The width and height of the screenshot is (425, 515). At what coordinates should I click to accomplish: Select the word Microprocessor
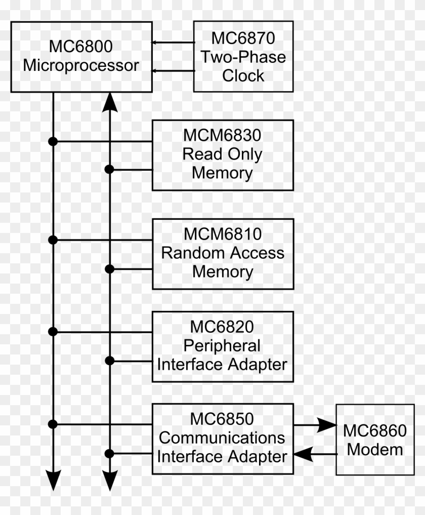tap(81, 66)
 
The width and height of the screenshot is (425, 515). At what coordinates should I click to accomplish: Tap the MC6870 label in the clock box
tap(243, 38)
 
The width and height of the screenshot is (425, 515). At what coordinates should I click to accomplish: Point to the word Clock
tap(243, 76)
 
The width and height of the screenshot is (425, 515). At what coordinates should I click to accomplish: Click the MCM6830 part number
tap(223, 136)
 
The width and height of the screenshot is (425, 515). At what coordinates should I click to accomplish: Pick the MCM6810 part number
tap(223, 234)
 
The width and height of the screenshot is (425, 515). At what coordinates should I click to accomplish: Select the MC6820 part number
tap(223, 327)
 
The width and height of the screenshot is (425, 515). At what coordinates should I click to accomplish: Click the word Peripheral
tap(223, 345)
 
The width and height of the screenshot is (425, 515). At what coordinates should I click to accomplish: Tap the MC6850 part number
tap(223, 419)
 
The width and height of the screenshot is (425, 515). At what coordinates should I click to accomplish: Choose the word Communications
tap(223, 438)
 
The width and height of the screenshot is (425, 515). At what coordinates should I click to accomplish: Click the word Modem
tap(375, 450)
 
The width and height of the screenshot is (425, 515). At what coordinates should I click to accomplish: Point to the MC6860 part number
tap(375, 431)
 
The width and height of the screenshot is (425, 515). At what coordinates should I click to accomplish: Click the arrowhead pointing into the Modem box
tap(327, 425)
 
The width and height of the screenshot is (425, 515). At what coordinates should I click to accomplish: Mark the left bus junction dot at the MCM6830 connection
tap(53, 141)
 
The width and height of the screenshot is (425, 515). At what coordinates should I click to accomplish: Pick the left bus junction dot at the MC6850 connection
tap(53, 423)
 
